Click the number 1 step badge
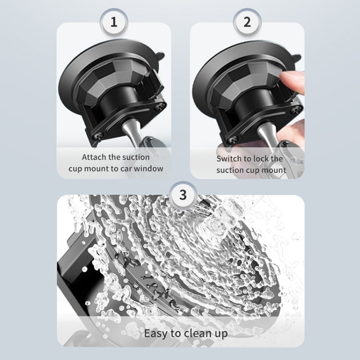click(114, 23)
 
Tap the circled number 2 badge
click(247, 23)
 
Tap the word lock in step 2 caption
click(263, 158)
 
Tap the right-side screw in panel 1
click(163, 105)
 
